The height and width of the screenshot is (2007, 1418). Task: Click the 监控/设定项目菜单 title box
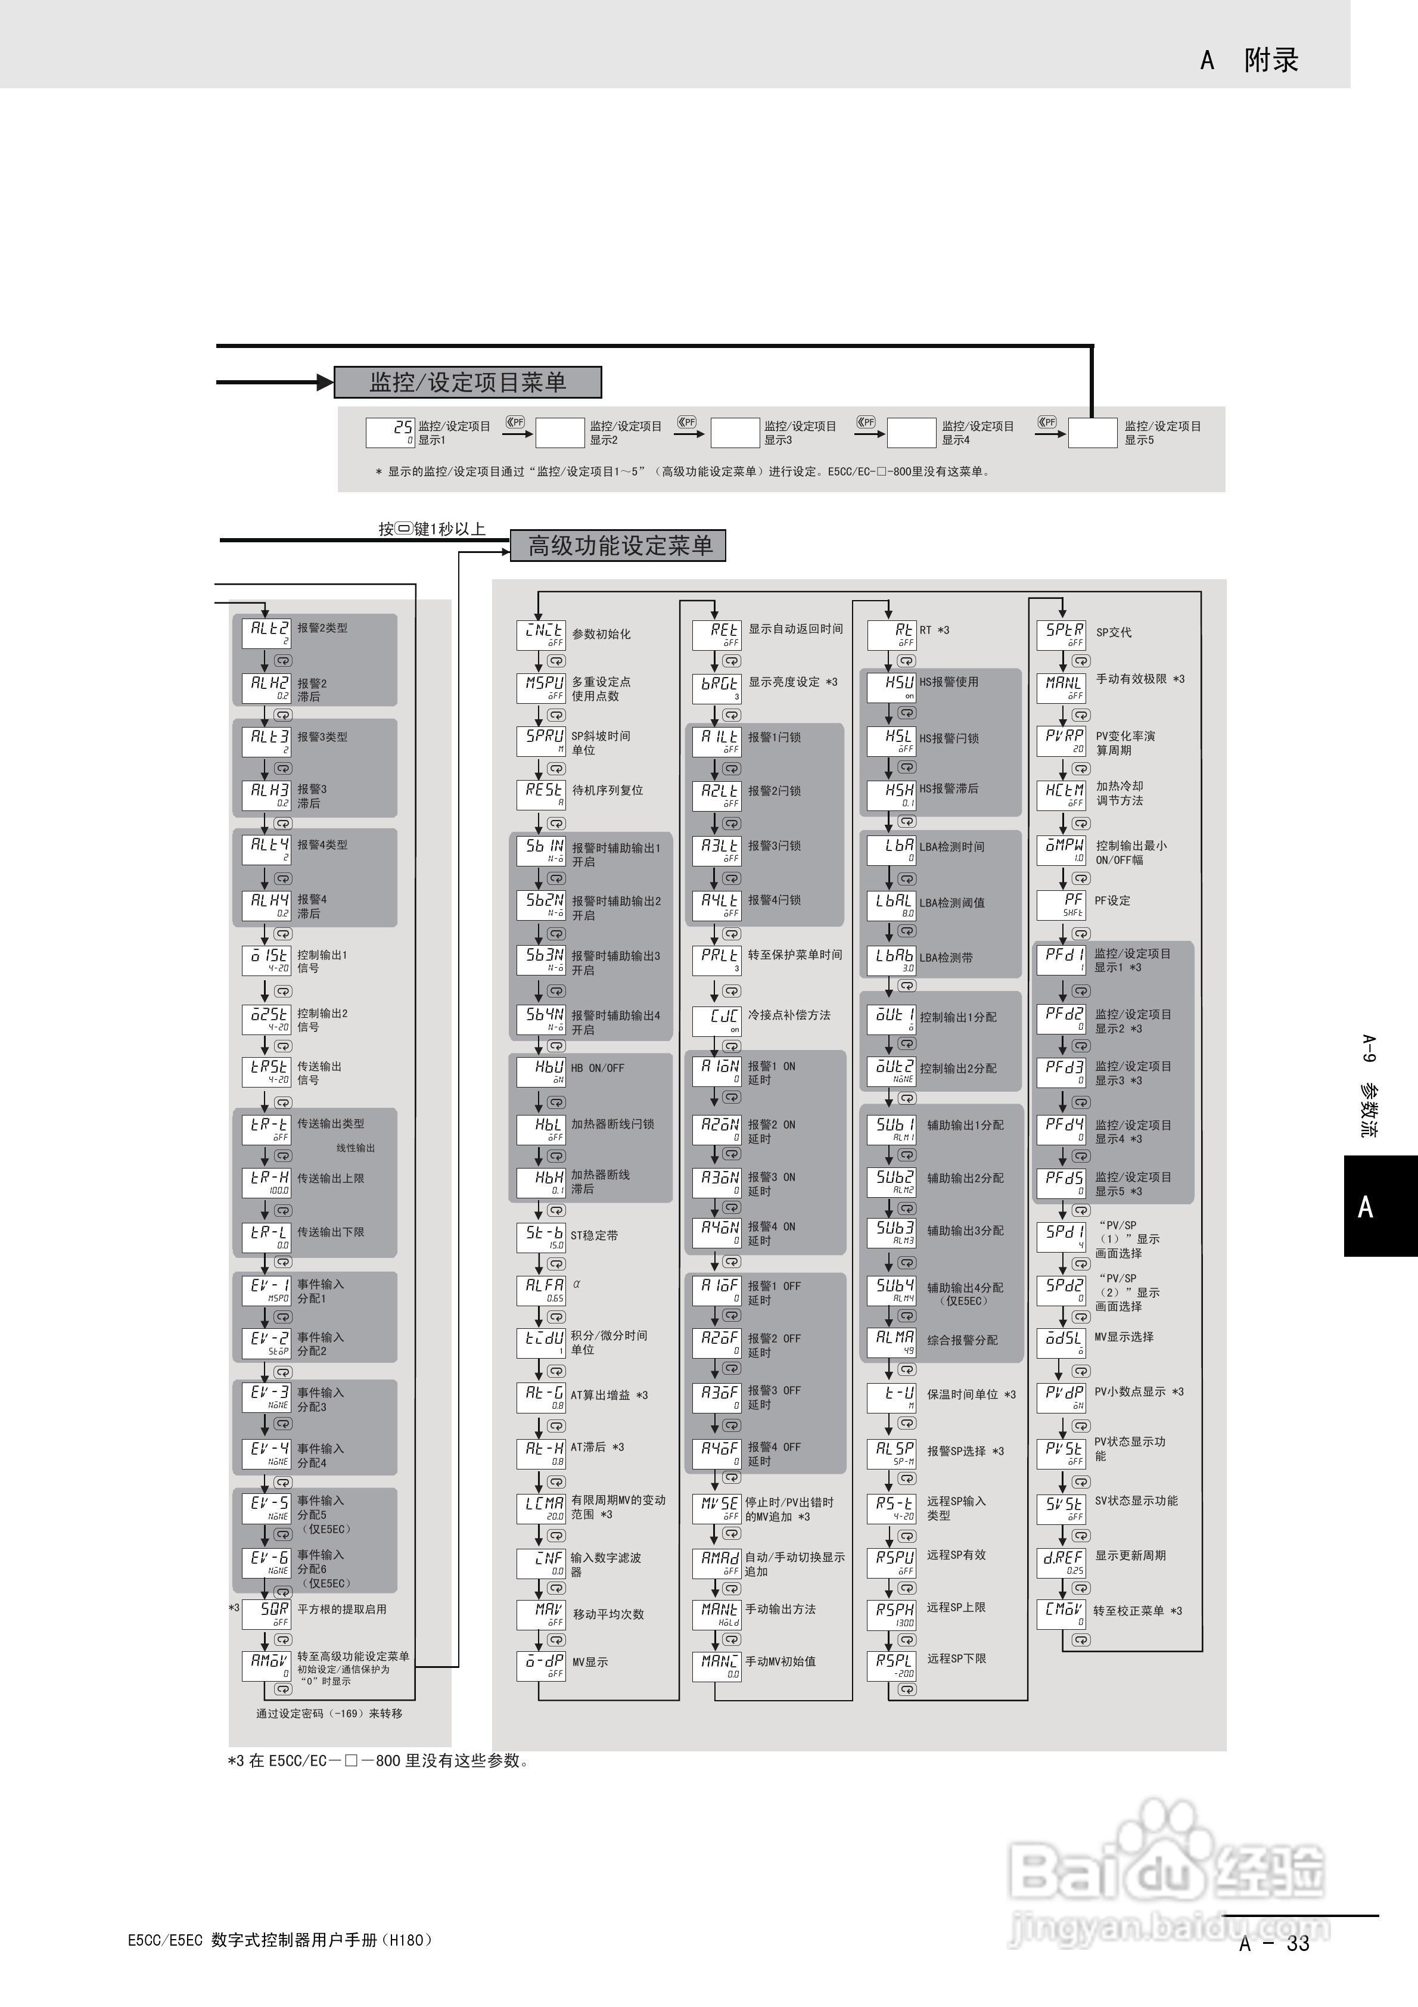tap(468, 382)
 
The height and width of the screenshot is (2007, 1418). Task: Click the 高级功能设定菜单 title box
tap(618, 545)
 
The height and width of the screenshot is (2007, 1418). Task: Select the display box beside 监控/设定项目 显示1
tap(390, 432)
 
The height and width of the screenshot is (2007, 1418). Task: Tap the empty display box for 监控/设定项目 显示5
tap(1093, 433)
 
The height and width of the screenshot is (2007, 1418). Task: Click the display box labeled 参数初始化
tap(541, 635)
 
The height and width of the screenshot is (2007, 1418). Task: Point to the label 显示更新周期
tap(1130, 1555)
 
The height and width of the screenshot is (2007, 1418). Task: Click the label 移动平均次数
tap(608, 1614)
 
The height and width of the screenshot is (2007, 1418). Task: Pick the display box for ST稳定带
tap(541, 1236)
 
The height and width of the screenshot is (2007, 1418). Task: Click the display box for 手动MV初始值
tap(717, 1665)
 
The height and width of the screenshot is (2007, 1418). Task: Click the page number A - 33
tap(1274, 1942)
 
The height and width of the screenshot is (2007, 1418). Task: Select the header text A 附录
tap(1249, 60)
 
